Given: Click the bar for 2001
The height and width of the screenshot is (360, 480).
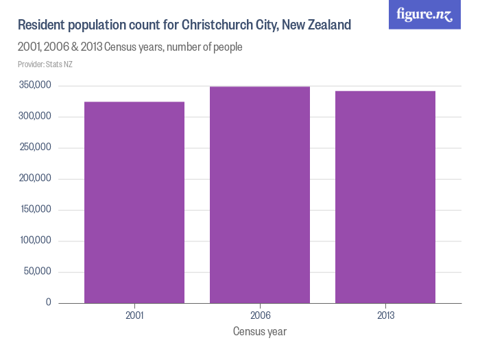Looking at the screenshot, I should [x=134, y=202].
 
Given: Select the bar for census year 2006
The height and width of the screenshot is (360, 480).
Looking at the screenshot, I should [x=260, y=195].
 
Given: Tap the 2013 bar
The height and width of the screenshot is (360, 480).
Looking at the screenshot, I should [x=385, y=197].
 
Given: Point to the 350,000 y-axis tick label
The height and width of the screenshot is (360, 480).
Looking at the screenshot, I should [x=36, y=86].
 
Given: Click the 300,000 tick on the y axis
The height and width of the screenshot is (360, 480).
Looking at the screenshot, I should [x=36, y=117].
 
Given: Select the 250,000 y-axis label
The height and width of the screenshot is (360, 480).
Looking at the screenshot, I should [x=36, y=147].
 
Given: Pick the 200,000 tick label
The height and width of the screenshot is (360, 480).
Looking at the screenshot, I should [x=36, y=179].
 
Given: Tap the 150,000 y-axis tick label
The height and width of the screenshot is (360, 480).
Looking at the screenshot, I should [x=36, y=210].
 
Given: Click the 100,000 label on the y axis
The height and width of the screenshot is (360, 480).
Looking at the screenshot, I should [x=36, y=241].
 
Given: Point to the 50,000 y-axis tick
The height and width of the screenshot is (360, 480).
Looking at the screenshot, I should [x=38, y=272].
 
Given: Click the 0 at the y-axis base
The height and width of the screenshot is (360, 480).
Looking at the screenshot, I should [x=49, y=302].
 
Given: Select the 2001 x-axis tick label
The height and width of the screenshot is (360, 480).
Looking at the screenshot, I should [x=134, y=316].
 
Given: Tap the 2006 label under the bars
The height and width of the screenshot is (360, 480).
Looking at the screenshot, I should [x=260, y=316].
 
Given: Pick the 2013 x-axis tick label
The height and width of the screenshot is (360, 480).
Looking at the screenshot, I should [x=385, y=316].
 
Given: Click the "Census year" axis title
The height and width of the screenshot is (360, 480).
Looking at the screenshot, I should [x=260, y=332].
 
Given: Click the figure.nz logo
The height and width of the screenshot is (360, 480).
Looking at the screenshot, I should [x=424, y=14].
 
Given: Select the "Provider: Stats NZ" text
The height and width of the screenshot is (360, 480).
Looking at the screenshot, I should [x=45, y=64].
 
